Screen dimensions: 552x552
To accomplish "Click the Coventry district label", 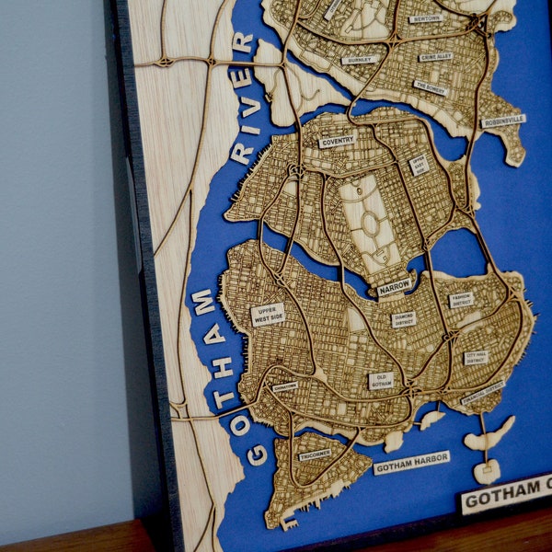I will coord(337,142).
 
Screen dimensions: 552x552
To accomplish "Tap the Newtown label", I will coord(426,18).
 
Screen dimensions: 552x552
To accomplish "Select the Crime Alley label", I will coord(436,57).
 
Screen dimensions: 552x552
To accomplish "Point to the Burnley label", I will coord(360,60).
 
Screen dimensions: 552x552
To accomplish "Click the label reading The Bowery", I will coord(431,87).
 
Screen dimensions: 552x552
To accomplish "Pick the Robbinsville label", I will coord(503,121).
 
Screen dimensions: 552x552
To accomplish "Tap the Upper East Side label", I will coord(419,165).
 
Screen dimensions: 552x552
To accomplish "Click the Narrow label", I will coord(395,288).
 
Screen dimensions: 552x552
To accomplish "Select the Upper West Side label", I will coord(268,315).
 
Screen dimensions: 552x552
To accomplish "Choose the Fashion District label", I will coord(461,299).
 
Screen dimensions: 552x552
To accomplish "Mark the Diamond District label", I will coord(404,319).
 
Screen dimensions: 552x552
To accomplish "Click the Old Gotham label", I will coord(383,380).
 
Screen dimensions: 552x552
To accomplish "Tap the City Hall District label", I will coord(476,357).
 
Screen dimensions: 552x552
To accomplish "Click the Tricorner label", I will coord(315,454).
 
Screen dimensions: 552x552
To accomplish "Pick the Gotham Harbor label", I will coord(411,463).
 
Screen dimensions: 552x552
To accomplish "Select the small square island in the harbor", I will coord(487,472).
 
